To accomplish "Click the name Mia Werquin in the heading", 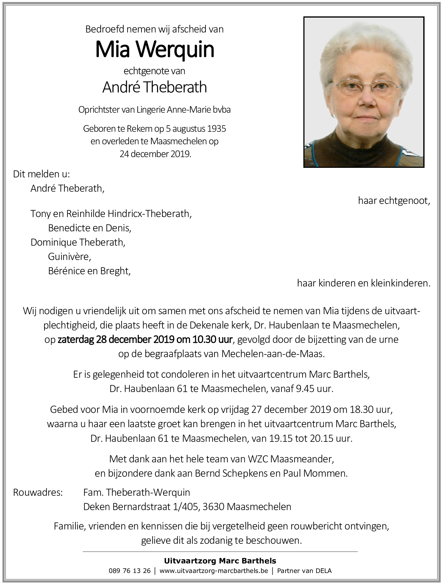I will pyautogui.click(x=155, y=50).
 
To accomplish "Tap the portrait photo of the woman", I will pyautogui.click(x=364, y=92).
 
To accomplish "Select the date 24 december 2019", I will pyautogui.click(x=155, y=154).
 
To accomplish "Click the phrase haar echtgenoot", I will pyautogui.click(x=394, y=201).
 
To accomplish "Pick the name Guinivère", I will pyautogui.click(x=69, y=256).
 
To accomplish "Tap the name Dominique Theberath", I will pyautogui.click(x=78, y=242).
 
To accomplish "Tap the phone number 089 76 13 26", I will pyautogui.click(x=130, y=571).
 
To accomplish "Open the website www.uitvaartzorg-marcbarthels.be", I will pyautogui.click(x=214, y=571).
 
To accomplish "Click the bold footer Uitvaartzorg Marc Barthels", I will pyautogui.click(x=220, y=561).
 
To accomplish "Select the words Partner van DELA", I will pyautogui.click(x=304, y=571).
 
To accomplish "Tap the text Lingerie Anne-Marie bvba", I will pyautogui.click(x=184, y=110).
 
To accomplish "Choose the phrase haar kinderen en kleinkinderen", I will pyautogui.click(x=364, y=283).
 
